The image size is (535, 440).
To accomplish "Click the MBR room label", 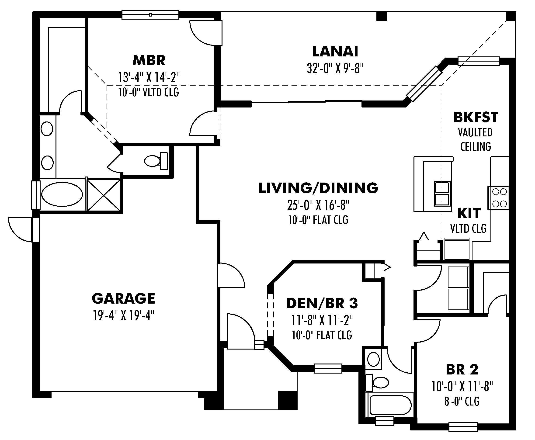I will pos(149,60).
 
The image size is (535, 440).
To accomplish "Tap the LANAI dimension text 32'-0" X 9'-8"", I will pos(335,68).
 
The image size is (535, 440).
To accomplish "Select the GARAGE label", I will pos(123,298).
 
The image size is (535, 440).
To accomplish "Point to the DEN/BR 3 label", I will pos(322,303).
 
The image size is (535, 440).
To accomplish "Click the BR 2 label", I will pos(462,370).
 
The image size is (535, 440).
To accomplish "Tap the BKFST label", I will pos(476,117).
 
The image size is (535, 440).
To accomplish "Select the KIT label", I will pos(469,213).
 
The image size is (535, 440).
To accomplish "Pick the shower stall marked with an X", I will pos(104,195).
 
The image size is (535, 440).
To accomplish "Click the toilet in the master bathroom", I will pos(155,161).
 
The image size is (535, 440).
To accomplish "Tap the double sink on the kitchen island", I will pos(442,193).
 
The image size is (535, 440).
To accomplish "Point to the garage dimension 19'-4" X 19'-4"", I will pos(123,316).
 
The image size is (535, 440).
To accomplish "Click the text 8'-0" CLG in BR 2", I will pos(462,402).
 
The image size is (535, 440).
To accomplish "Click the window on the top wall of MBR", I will pos(150,14).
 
